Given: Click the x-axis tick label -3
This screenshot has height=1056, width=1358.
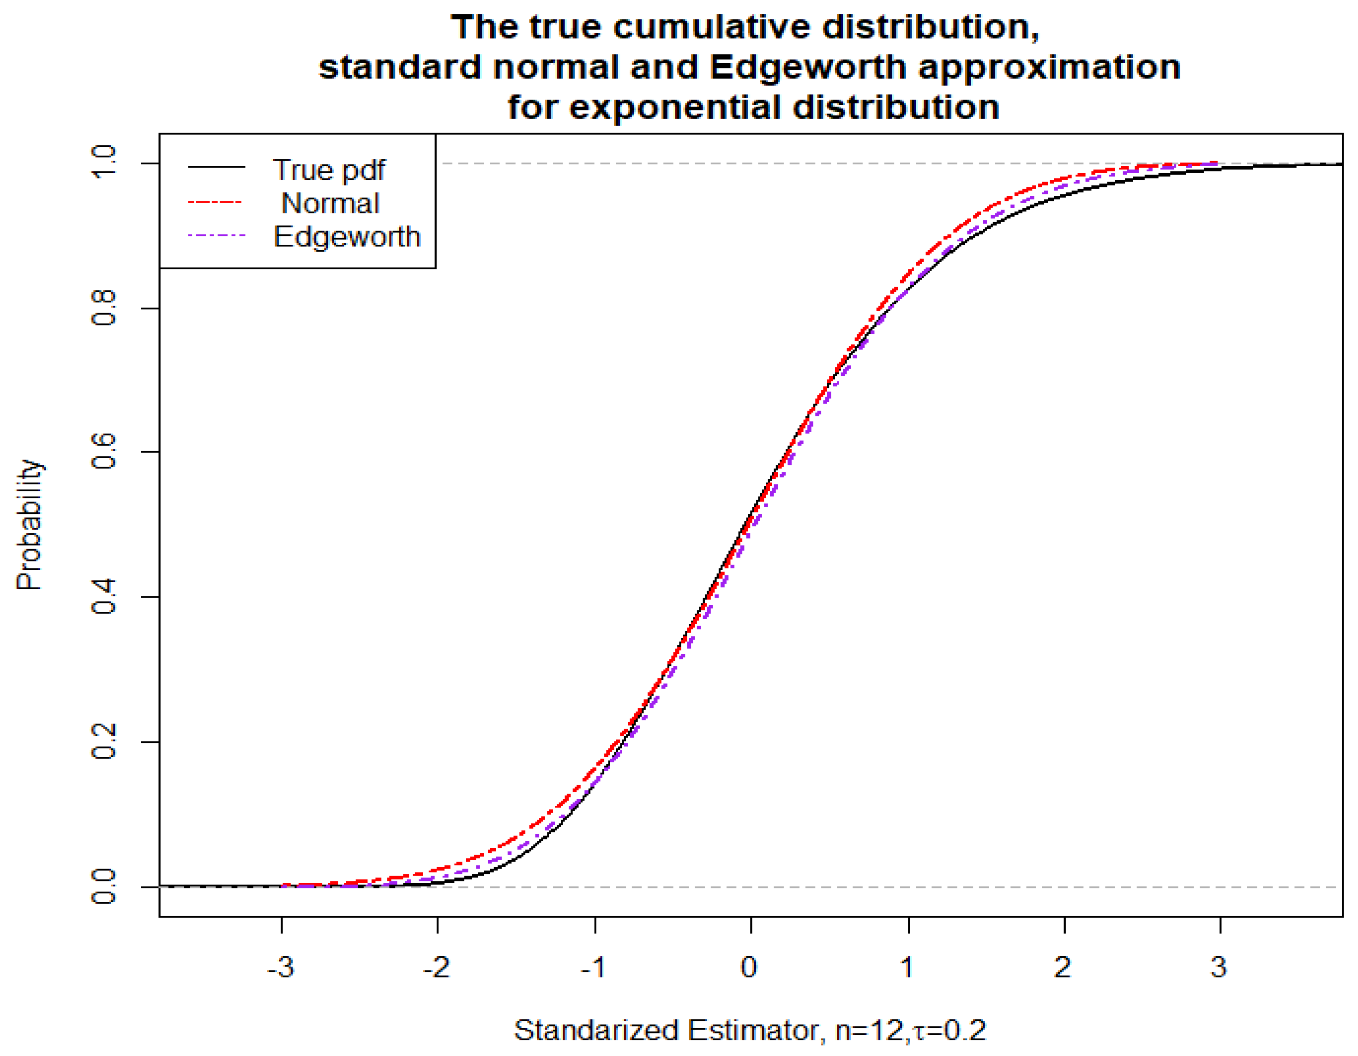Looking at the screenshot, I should pyautogui.click(x=281, y=967).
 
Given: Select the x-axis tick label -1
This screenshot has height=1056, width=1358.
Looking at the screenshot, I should pyautogui.click(x=594, y=967).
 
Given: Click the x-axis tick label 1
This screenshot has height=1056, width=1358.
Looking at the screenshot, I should pyautogui.click(x=907, y=967).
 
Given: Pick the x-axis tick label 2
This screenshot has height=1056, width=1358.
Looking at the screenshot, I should pyautogui.click(x=1063, y=967).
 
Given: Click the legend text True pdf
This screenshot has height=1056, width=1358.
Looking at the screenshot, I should pyautogui.click(x=329, y=170).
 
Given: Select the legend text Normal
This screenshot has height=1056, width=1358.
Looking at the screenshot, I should pyautogui.click(x=330, y=203).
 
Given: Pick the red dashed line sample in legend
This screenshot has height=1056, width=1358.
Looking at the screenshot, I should pyautogui.click(x=215, y=203).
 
